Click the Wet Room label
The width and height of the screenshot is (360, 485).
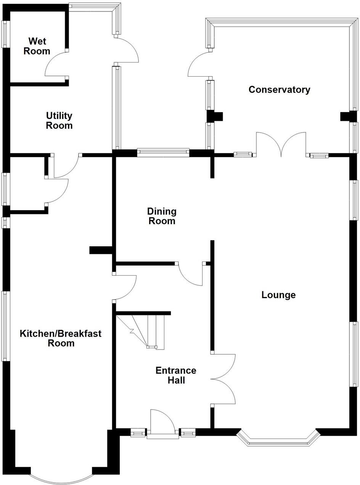click(x=37, y=46)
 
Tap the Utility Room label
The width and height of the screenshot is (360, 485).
click(x=59, y=120)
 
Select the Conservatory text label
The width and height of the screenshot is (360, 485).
click(x=279, y=90)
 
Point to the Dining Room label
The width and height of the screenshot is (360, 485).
click(x=162, y=216)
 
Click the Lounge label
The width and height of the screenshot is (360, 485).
click(x=278, y=295)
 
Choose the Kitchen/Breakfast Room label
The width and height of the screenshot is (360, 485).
click(x=61, y=338)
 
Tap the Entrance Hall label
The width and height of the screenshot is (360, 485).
click(x=176, y=375)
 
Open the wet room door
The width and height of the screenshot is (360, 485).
click(x=56, y=65)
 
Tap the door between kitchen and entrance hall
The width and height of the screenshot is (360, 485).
click(x=124, y=288)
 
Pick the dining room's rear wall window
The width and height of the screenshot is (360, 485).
click(x=163, y=153)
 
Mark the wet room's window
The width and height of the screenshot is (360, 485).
click(x=5, y=34)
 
